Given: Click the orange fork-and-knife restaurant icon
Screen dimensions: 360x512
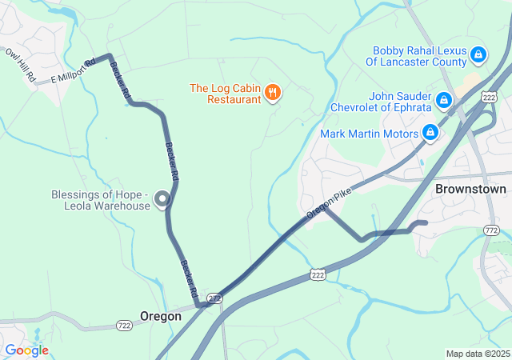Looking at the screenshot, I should click(x=273, y=93).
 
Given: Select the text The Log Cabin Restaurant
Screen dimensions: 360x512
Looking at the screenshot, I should click(x=224, y=94).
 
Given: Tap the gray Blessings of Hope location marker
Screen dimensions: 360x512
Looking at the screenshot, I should click(x=162, y=199).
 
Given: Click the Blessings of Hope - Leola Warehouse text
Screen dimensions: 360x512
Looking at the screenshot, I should click(x=100, y=200).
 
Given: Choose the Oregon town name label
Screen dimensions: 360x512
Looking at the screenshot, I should click(x=161, y=316).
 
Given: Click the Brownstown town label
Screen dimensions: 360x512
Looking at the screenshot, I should click(x=470, y=190).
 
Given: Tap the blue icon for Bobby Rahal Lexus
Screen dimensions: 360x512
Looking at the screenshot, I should click(x=478, y=54).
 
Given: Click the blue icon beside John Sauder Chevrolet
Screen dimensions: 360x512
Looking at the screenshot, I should click(x=443, y=101).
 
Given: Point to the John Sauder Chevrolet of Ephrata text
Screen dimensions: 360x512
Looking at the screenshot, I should click(x=383, y=102).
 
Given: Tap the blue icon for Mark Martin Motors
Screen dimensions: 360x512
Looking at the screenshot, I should click(x=430, y=132).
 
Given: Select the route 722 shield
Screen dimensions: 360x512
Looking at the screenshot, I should click(x=124, y=325).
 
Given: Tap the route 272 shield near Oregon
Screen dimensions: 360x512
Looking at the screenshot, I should click(x=214, y=298).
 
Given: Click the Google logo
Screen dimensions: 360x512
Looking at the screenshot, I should click(x=26, y=350).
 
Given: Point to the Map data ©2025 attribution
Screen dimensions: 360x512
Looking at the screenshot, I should click(x=477, y=354).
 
